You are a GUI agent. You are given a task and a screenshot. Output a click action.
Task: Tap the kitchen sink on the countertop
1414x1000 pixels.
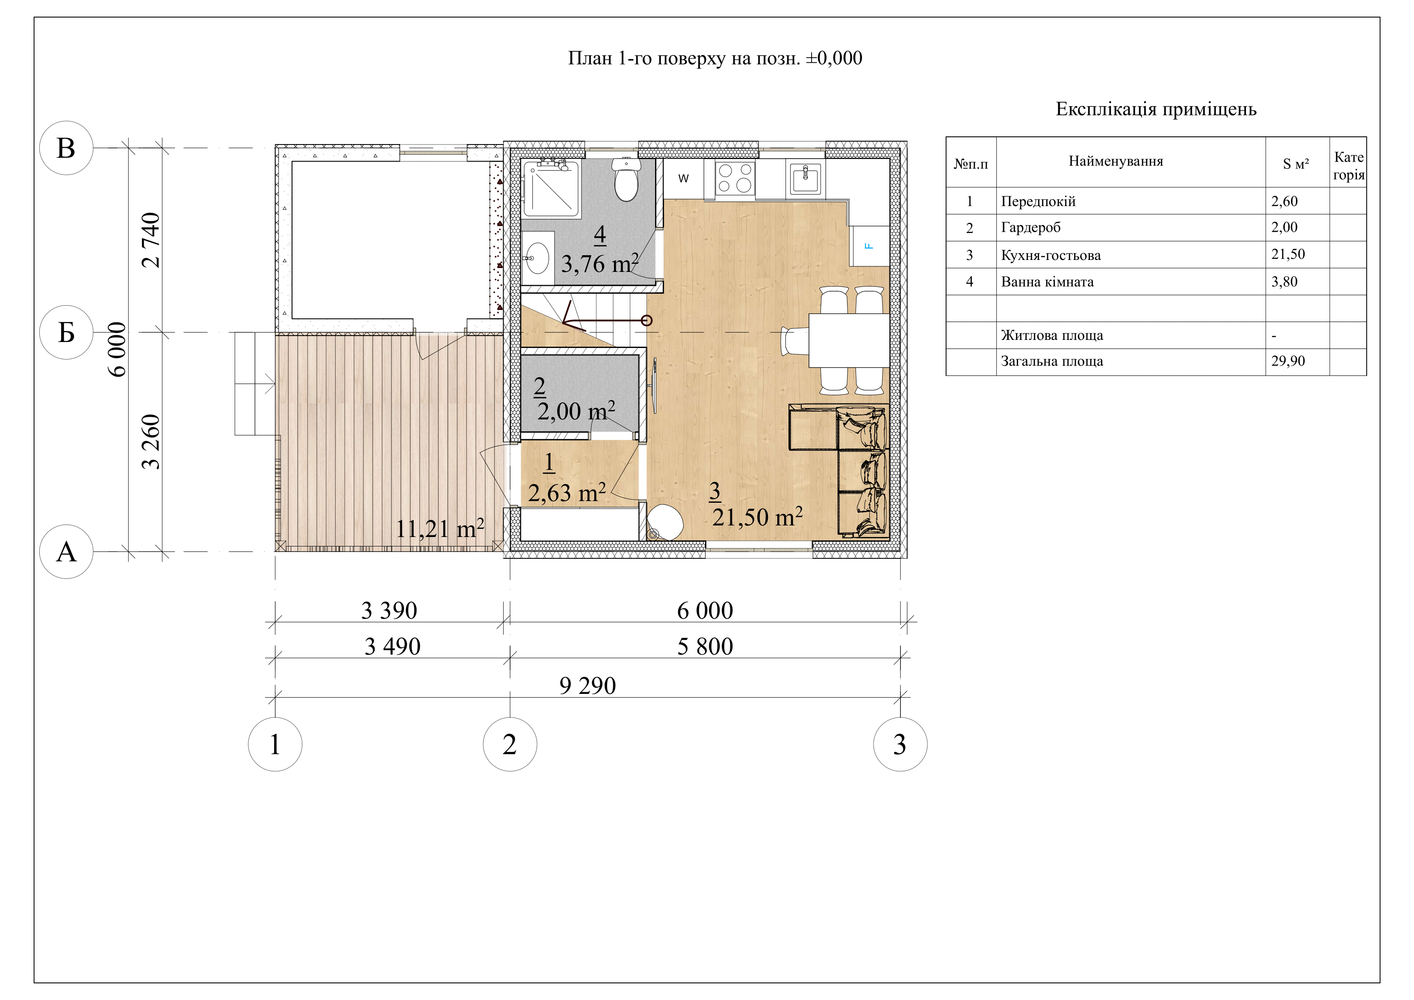point(806,179)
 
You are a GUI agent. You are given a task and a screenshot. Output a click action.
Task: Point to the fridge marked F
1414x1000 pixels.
point(870,246)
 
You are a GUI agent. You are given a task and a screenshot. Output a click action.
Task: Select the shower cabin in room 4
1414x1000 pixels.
point(551,189)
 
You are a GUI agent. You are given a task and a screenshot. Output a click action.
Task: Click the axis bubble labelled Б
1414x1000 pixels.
point(66,333)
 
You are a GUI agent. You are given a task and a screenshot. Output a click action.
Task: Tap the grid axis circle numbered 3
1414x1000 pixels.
point(900,744)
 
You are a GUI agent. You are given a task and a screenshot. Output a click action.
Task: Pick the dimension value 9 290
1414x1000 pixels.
point(587,686)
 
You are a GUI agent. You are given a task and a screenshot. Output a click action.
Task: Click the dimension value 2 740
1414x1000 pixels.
point(151,240)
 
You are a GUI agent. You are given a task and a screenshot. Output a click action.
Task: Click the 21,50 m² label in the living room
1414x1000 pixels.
point(758,516)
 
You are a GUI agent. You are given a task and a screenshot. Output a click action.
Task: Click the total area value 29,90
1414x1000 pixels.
point(1288,361)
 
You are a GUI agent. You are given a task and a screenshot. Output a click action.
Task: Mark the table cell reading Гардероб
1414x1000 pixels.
point(1030,228)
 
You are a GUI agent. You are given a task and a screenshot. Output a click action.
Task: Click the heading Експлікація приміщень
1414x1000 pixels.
point(1156,109)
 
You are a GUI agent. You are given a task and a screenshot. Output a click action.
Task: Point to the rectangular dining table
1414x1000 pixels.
point(849,340)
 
